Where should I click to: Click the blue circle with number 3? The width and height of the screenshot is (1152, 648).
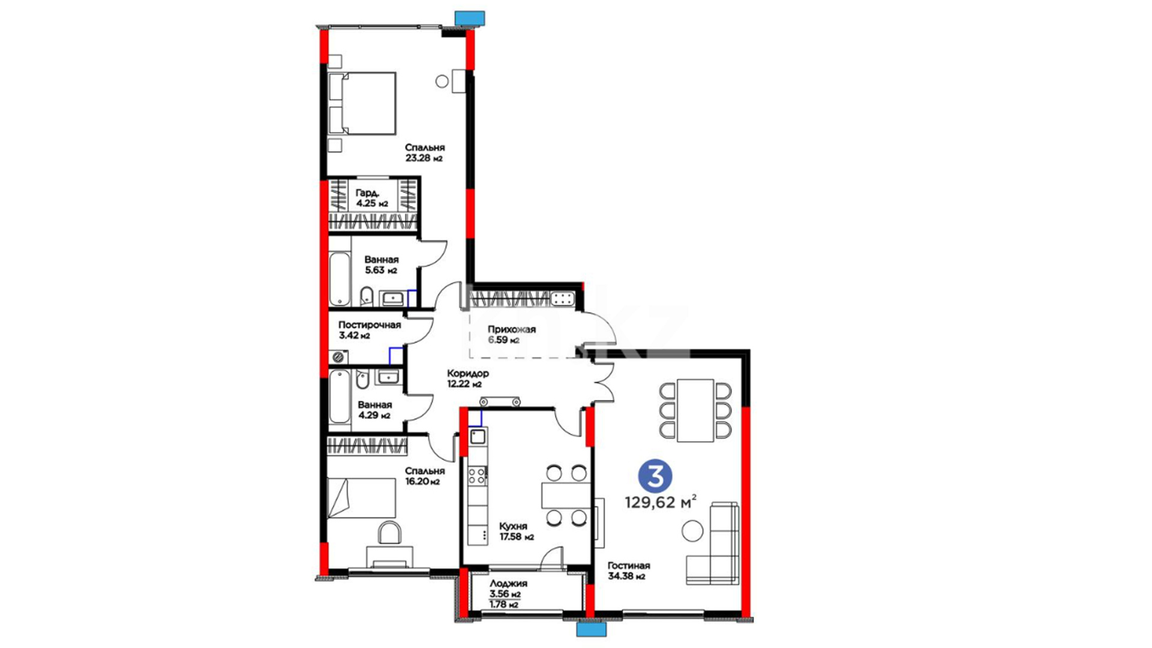(655, 477)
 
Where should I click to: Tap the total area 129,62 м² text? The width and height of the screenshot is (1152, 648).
(661, 502)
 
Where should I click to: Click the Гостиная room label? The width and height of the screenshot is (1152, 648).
(629, 566)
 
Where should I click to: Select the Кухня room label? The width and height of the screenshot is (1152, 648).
(514, 526)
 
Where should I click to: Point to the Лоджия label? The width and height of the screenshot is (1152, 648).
(508, 584)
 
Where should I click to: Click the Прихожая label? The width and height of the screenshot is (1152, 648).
(512, 329)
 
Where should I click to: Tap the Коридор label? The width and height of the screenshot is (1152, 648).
(468, 374)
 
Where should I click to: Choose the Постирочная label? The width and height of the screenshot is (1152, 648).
(370, 325)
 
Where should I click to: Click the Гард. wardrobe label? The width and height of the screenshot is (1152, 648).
(367, 193)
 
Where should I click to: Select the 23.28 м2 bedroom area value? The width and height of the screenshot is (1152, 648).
(424, 158)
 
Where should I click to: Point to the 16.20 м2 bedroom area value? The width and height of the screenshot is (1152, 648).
(422, 482)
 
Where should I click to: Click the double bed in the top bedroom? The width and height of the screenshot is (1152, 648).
(362, 103)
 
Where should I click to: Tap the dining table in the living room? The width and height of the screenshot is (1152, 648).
(695, 410)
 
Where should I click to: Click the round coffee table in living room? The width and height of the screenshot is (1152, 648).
(692, 532)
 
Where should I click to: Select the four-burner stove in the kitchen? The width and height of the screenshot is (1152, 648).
(478, 476)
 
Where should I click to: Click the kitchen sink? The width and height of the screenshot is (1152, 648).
(478, 436)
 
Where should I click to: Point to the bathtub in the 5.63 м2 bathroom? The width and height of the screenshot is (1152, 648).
(340, 279)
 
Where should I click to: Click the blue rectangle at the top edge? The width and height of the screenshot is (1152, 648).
(470, 18)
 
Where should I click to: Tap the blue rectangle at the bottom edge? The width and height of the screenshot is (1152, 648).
(592, 629)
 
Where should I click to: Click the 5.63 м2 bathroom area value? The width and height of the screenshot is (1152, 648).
(381, 271)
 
